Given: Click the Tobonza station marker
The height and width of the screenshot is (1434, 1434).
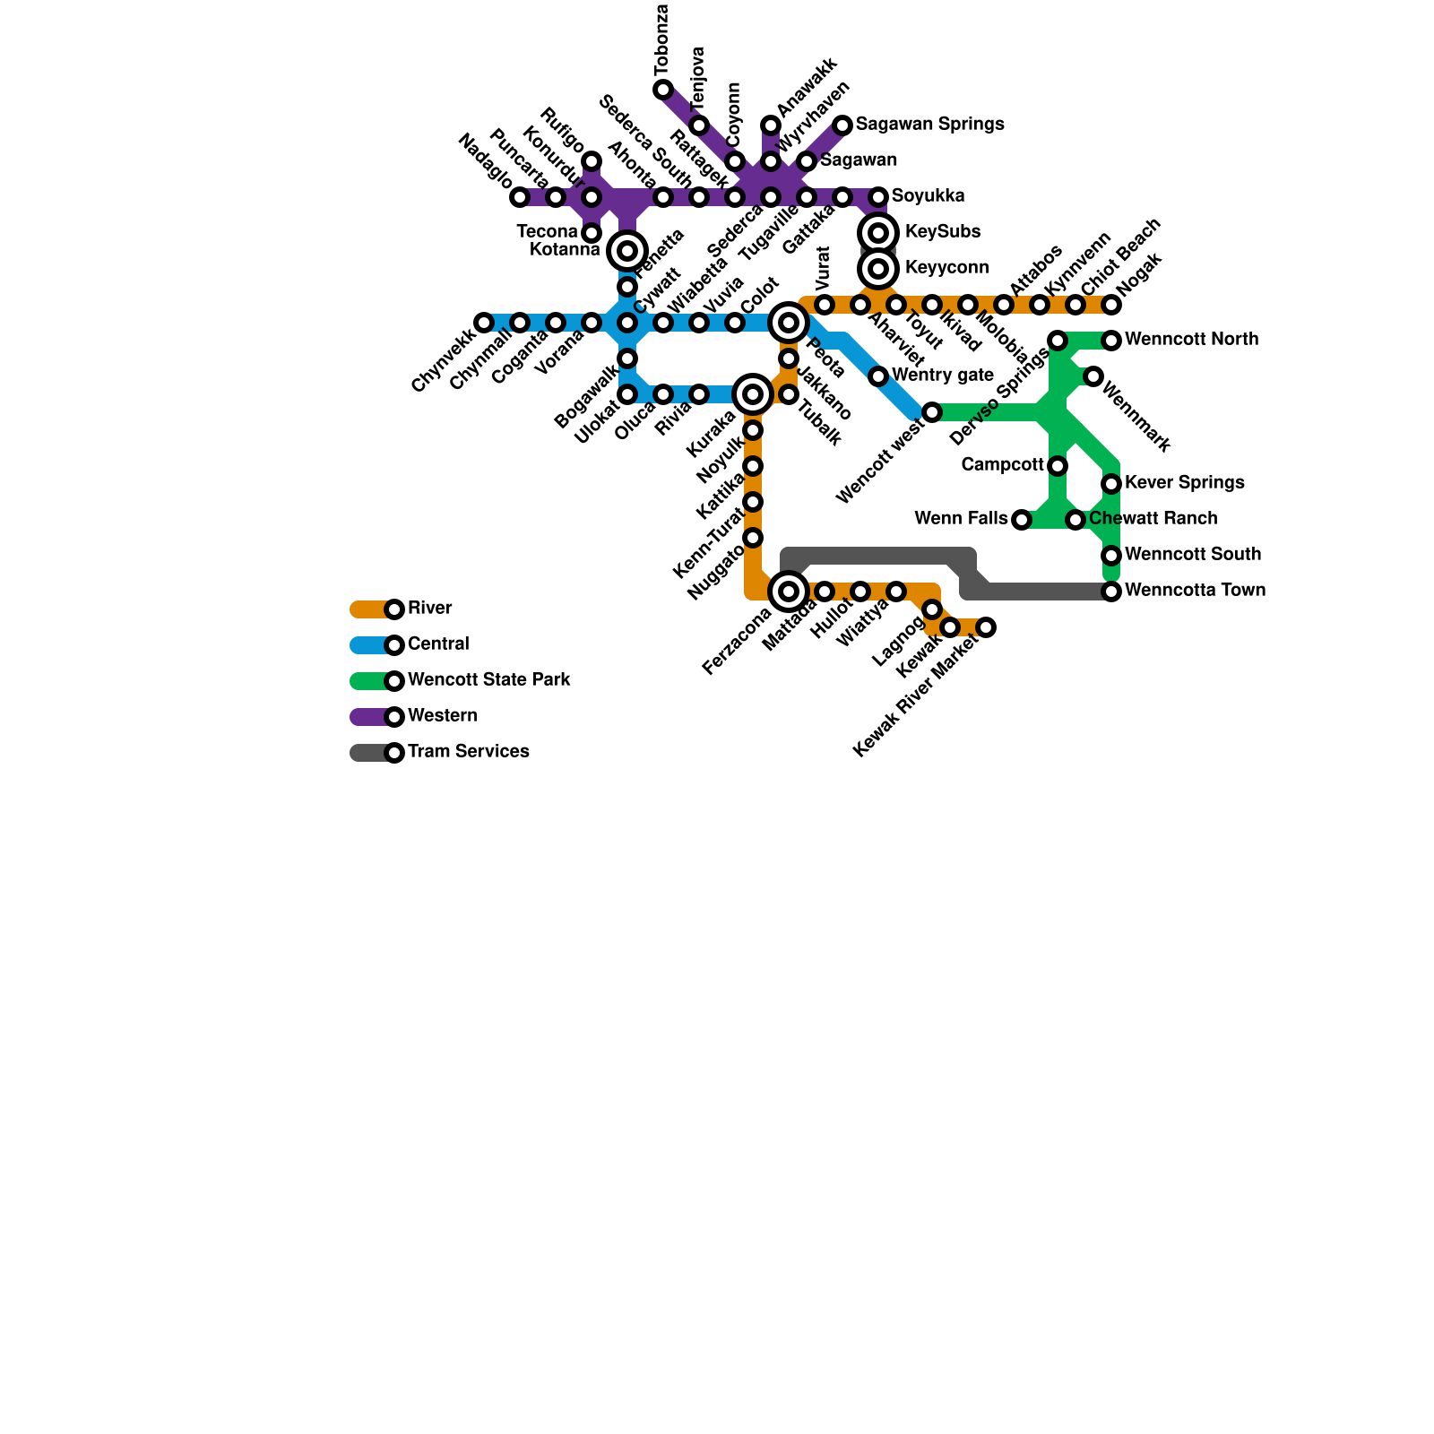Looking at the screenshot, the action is click(663, 90).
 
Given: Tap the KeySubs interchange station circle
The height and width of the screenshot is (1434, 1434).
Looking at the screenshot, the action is click(878, 233).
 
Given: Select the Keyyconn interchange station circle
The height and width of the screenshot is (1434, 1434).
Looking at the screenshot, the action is click(878, 269).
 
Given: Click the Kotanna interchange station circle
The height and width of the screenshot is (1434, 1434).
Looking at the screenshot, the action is click(627, 251).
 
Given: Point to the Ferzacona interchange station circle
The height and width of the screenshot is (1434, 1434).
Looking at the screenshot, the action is click(789, 592).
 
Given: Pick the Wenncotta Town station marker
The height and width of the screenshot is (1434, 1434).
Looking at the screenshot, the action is click(1111, 592).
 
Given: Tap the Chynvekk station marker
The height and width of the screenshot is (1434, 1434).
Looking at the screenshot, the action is click(484, 323).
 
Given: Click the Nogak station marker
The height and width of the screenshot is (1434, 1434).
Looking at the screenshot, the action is click(1111, 305).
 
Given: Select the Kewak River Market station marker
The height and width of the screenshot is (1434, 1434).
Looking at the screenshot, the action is click(986, 627).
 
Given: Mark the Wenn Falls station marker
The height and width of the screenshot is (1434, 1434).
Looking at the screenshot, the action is click(1022, 520).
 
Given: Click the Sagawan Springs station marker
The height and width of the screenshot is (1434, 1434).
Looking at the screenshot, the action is click(842, 125).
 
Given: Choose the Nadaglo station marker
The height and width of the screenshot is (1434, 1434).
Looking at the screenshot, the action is click(520, 197).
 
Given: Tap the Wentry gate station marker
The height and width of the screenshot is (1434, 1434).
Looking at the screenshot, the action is click(878, 376).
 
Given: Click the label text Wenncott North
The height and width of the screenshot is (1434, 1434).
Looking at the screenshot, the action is click(1191, 340).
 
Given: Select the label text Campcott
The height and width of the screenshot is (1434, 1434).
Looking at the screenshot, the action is click(1002, 465).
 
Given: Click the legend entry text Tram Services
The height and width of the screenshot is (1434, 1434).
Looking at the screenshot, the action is click(468, 752).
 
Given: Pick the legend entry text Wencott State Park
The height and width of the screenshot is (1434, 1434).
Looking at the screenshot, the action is click(488, 680).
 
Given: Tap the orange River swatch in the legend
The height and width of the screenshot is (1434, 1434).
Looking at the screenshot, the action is click(369, 609).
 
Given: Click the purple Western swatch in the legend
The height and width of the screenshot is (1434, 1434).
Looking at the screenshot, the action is click(369, 717).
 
